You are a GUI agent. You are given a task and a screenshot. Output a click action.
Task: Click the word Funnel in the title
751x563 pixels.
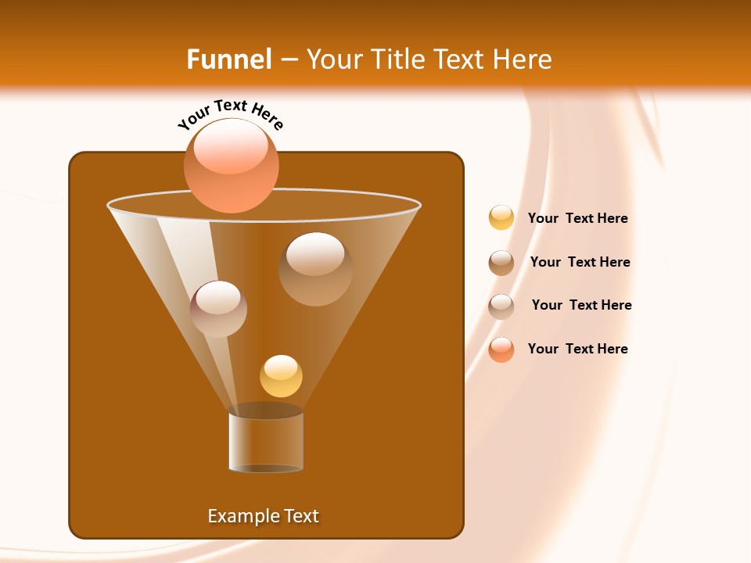click(229, 59)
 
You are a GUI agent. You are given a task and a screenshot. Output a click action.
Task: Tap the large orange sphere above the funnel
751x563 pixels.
click(231, 165)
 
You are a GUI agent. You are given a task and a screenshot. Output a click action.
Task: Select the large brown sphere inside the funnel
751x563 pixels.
click(315, 269)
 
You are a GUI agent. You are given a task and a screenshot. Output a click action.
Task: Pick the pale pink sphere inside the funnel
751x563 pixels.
click(218, 309)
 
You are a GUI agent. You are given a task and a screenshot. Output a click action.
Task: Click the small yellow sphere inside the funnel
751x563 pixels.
click(281, 376)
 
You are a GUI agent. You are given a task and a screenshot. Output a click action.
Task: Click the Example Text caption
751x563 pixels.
click(264, 516)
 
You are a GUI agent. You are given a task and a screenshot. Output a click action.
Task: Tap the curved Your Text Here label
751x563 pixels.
click(230, 113)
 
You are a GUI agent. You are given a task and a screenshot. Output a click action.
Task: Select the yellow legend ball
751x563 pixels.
click(501, 218)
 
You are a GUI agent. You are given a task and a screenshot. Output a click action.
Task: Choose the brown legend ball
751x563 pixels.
click(501, 262)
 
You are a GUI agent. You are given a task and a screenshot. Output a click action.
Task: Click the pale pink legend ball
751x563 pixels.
click(501, 306)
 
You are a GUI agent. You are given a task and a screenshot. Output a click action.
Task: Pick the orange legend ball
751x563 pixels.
click(501, 350)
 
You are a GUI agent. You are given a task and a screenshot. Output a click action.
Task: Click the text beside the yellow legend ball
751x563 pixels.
click(577, 218)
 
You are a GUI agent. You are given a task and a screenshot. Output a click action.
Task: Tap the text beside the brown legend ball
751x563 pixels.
click(580, 262)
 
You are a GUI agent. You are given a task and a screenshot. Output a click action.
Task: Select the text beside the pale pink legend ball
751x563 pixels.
click(581, 305)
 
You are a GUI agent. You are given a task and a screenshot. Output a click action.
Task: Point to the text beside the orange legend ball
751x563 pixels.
click(577, 349)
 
